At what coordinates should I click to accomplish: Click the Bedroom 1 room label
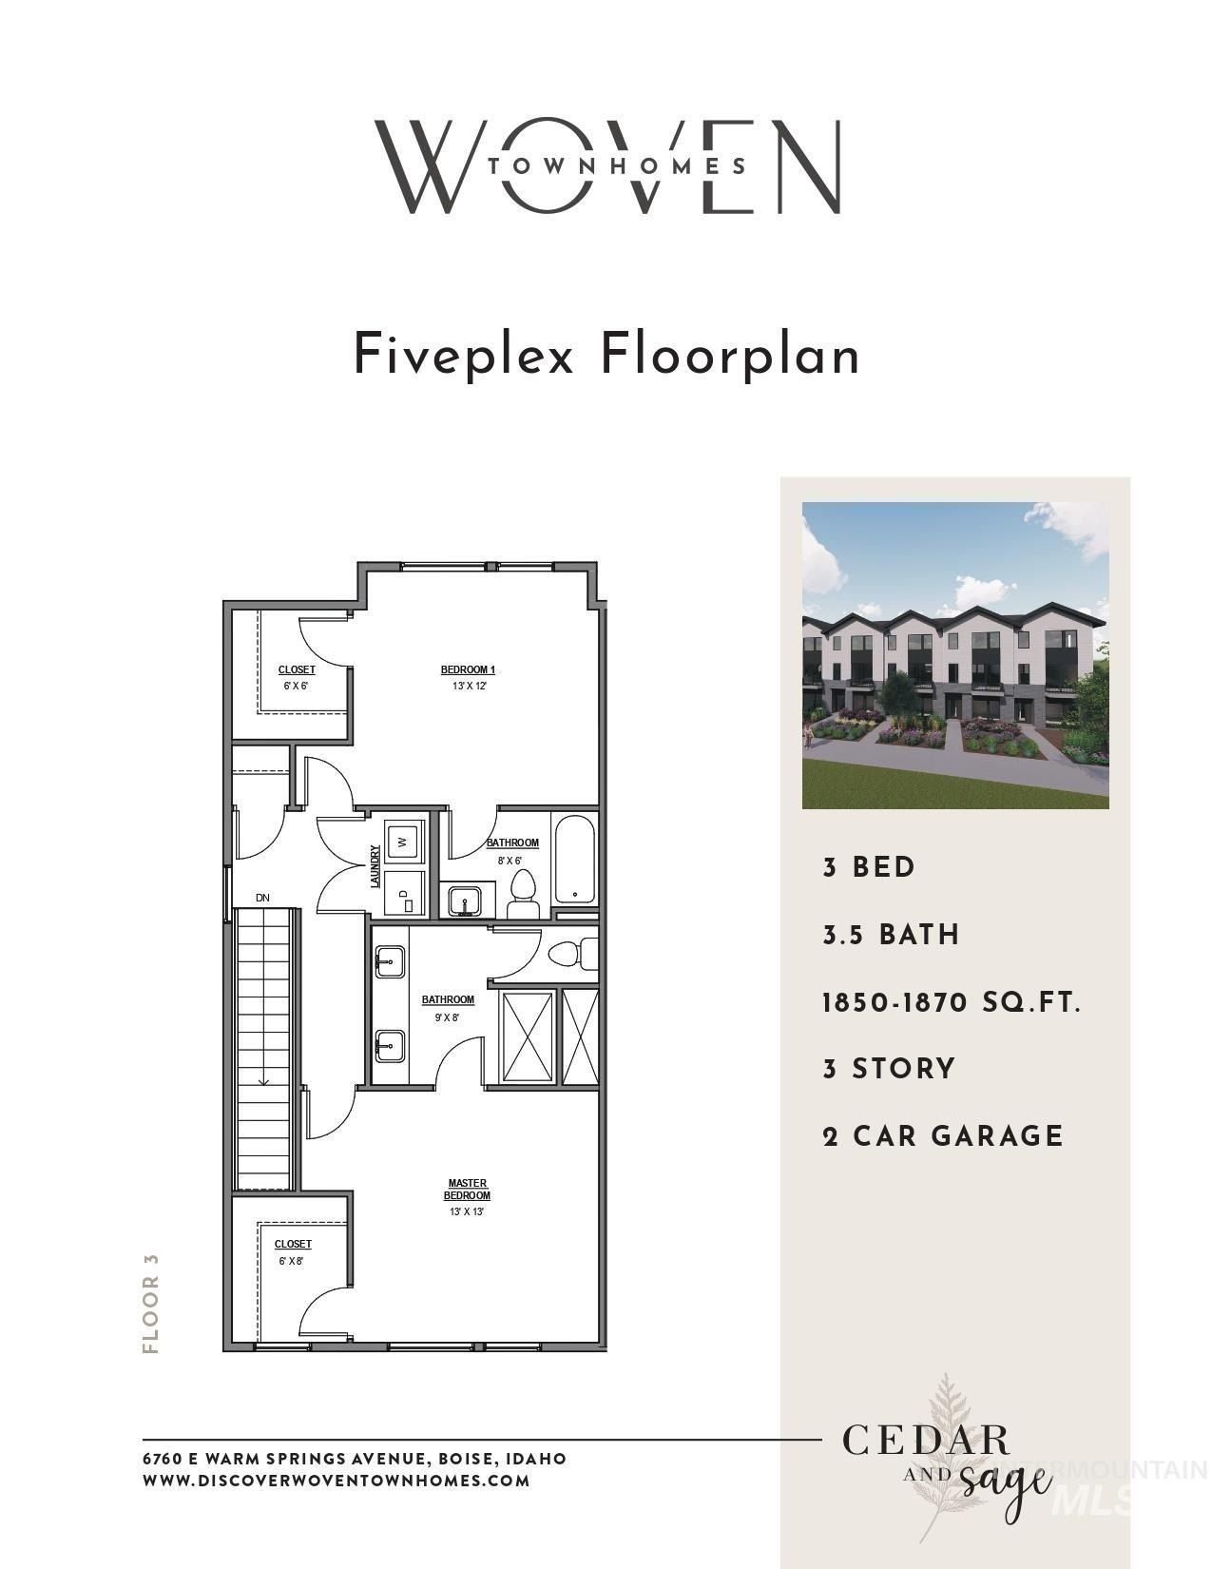(468, 669)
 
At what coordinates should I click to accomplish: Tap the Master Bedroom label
(467, 1190)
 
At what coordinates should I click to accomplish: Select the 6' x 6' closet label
(296, 677)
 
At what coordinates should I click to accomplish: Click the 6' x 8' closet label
(293, 1251)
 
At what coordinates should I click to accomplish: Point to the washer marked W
(401, 841)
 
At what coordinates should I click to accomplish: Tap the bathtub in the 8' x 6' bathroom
(575, 860)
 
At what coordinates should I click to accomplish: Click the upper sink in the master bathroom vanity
(390, 962)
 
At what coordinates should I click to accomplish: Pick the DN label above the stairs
(262, 898)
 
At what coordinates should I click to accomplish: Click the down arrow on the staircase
(263, 1078)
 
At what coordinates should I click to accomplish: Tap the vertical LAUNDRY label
(375, 866)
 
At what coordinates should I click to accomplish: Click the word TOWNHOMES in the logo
(617, 165)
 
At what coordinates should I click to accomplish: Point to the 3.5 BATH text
(891, 935)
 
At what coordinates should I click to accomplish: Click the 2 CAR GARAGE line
(942, 1135)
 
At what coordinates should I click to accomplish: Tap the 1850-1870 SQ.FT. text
(952, 1002)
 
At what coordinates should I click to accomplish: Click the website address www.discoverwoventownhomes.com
(336, 1481)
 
